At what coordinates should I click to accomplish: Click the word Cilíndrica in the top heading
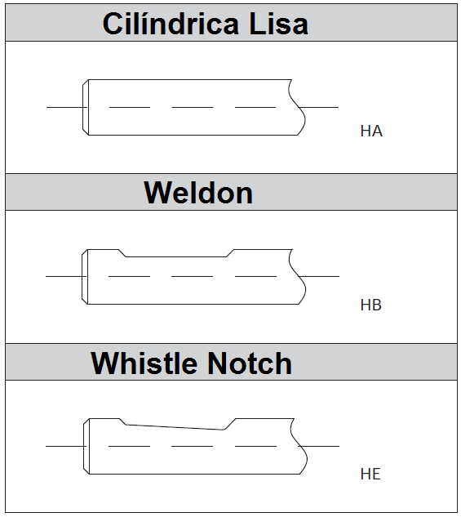171,24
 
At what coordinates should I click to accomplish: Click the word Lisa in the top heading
278,24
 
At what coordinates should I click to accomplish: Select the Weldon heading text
198,193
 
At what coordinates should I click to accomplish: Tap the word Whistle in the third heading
144,363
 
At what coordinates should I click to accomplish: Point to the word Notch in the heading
250,363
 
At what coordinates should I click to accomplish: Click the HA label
371,131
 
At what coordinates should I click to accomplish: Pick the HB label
371,305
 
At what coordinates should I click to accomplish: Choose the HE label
370,474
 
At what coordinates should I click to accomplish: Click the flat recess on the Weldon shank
176,256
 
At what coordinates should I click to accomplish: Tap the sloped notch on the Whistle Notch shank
175,427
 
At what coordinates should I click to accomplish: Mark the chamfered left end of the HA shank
86,107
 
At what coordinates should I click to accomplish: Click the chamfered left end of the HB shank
85,277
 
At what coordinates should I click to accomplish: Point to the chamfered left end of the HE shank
86,446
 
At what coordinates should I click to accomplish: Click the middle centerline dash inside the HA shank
193,107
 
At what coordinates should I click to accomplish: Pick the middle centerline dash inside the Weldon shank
193,276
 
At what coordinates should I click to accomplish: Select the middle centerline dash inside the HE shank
193,446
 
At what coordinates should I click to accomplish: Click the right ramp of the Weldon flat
230,253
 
